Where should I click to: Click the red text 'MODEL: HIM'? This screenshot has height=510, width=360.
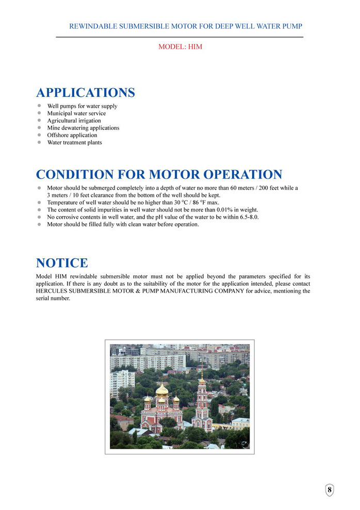180,47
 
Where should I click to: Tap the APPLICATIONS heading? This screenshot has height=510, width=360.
86,93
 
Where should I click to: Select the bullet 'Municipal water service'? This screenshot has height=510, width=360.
76,113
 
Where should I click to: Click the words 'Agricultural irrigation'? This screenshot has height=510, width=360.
74,121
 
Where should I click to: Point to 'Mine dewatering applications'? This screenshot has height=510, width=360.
83,128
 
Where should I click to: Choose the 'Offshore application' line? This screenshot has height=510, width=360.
72,135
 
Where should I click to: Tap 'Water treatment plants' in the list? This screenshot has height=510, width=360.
74,142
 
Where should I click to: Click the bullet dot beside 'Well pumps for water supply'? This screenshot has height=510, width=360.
39,106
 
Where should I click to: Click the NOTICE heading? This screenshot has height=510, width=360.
62,263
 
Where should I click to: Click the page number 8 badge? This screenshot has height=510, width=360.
330,489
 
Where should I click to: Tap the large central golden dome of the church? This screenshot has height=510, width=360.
161,390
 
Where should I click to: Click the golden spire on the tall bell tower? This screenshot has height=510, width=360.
202,372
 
